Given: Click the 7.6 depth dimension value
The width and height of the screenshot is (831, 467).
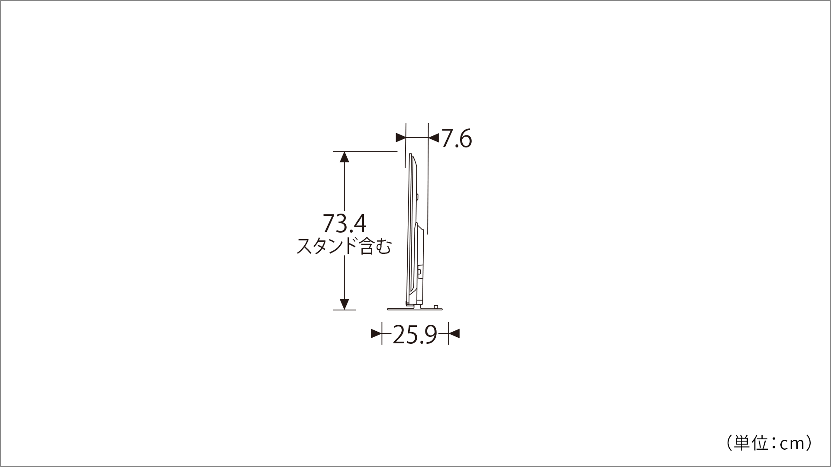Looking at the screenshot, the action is [457, 139].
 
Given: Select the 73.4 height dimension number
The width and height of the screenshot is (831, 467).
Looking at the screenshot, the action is [345, 224].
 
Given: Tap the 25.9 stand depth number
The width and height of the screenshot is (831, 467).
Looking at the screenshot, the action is [415, 335].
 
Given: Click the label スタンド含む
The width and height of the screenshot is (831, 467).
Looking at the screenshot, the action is [344, 246].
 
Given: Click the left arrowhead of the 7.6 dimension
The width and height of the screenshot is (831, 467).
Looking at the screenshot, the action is [401, 138].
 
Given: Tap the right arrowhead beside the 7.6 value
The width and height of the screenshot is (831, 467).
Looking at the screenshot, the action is [433, 138].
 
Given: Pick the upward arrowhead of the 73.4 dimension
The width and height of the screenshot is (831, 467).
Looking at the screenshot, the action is [345, 157].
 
